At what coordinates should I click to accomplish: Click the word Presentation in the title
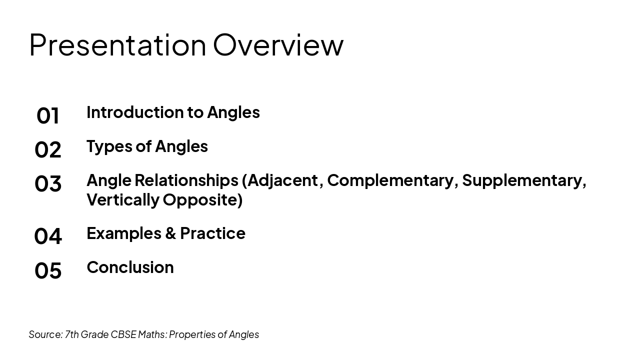click(117, 45)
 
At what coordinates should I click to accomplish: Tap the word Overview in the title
click(278, 45)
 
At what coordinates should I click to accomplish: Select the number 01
click(48, 116)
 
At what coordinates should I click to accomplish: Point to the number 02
click(48, 150)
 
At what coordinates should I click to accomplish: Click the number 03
click(48, 183)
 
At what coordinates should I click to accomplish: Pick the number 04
click(48, 236)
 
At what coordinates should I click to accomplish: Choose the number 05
click(48, 270)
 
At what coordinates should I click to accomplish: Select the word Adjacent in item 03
click(282, 180)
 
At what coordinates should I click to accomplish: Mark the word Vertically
click(122, 199)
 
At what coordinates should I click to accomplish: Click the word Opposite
click(202, 199)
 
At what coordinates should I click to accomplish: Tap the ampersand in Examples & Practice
click(171, 233)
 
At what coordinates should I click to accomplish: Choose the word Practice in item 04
click(212, 233)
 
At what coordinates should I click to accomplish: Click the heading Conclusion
click(130, 267)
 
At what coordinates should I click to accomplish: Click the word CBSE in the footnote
click(123, 334)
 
